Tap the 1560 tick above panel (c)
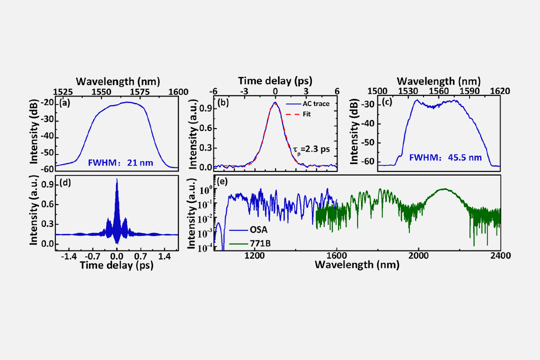[x=439, y=91]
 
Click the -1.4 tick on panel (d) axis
[x=67, y=255]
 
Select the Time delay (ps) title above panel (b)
[x=275, y=80]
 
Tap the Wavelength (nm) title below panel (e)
[x=357, y=265]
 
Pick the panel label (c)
[x=387, y=103]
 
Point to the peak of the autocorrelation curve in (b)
[x=275, y=102]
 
